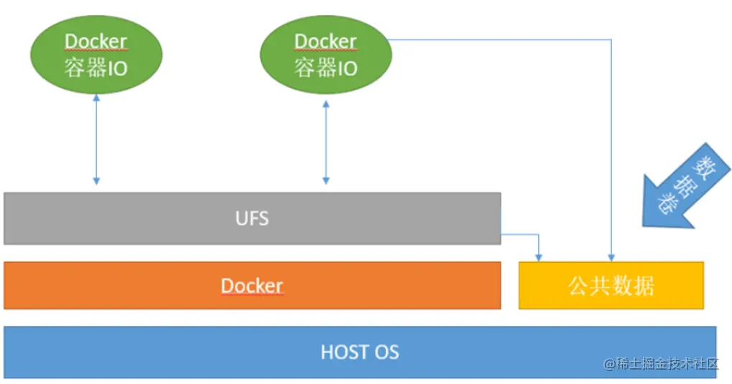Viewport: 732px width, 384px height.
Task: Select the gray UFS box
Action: coord(144,218)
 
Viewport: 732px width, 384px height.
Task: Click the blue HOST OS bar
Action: coord(180,352)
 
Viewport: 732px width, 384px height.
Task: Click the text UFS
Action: coord(252,218)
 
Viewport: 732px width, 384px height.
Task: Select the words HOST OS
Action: coord(359,352)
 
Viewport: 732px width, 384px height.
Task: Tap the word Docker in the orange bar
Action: coord(252,286)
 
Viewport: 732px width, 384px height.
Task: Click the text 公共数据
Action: coord(611,286)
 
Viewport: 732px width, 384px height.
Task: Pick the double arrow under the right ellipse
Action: coord(325,142)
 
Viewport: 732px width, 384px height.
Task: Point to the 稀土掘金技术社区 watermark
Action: coord(662,363)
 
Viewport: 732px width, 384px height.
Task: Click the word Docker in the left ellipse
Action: coord(96,42)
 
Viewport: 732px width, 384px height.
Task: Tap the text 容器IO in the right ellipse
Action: coord(325,68)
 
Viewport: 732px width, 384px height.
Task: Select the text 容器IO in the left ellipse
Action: coord(96,68)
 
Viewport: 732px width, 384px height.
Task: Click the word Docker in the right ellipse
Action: coord(325,42)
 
